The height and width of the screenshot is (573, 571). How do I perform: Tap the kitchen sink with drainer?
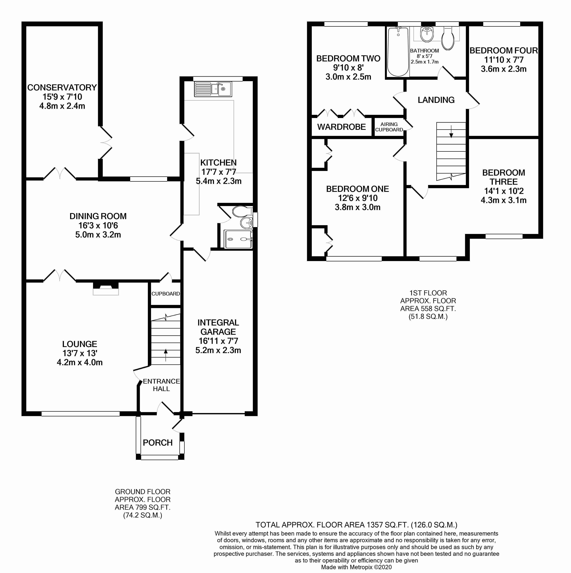pos(213,89)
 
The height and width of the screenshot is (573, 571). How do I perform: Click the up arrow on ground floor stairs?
pos(165,355)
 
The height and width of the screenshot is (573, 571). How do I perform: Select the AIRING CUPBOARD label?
pos(389,127)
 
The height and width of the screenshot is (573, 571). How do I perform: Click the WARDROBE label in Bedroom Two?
pos(341,127)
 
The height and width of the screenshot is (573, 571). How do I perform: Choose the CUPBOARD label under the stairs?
pos(166,294)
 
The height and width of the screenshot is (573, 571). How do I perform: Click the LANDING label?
pos(436,100)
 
